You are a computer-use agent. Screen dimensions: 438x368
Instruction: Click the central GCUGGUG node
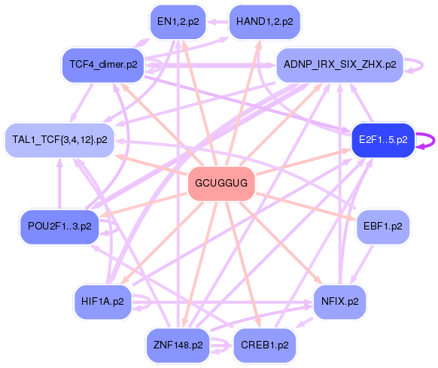tap(221, 184)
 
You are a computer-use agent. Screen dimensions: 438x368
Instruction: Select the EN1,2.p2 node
tap(178, 22)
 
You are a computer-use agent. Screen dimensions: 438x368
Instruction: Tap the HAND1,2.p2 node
tap(265, 22)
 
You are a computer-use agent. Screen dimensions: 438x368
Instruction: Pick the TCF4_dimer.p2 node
tap(103, 65)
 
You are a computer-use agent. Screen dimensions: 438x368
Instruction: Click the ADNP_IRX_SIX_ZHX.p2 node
tap(339, 65)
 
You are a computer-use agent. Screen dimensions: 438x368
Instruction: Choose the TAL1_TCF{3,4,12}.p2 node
tap(59, 140)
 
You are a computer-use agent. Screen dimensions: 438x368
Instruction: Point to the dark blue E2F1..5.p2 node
tap(383, 140)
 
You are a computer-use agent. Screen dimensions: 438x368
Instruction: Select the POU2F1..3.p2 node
tap(59, 227)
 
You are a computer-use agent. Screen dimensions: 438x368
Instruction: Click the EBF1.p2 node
tap(383, 227)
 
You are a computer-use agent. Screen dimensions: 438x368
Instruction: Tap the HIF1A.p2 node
tap(102, 302)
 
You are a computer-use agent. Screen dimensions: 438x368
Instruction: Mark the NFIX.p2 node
tap(339, 302)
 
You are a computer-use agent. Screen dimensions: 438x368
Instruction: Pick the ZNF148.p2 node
tap(178, 345)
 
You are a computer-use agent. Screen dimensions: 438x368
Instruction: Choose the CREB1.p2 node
tap(265, 345)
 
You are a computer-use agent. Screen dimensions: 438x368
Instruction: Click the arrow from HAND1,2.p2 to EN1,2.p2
tap(217, 22)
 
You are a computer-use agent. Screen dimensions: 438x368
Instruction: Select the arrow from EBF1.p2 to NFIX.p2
tap(362, 264)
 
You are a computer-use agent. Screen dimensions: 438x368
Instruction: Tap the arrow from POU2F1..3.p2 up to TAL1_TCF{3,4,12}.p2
tap(59, 184)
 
